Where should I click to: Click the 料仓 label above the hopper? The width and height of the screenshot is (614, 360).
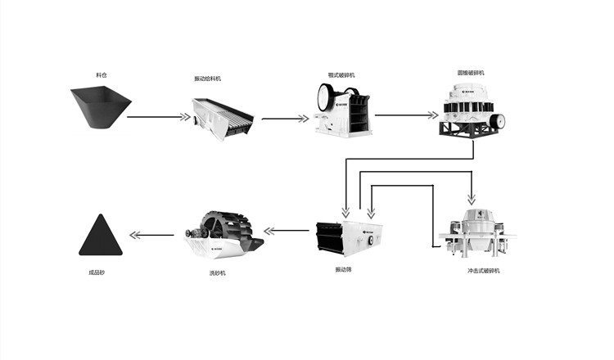[x=101, y=75]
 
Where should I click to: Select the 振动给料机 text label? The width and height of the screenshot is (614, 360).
[x=207, y=79]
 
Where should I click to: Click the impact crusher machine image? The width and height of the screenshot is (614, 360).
[x=472, y=232]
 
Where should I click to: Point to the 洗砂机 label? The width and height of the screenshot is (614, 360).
[x=217, y=272]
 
